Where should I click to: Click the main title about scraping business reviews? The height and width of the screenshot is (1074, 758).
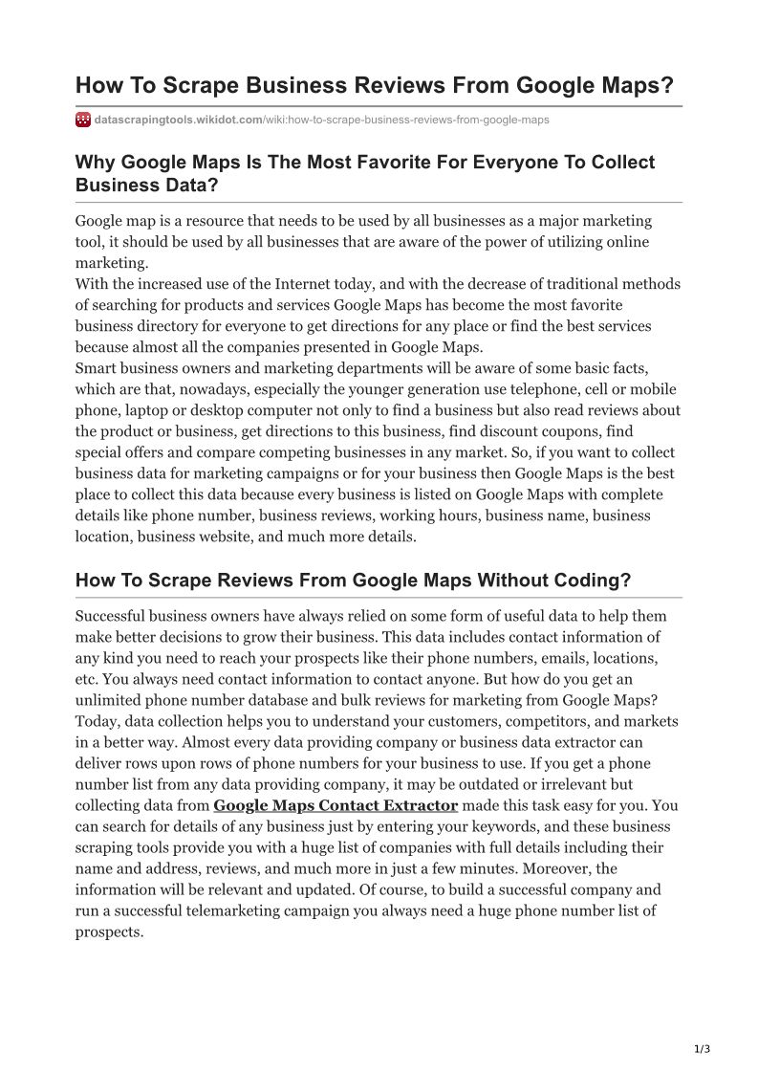point(375,85)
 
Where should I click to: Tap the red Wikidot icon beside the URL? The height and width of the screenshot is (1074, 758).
point(83,120)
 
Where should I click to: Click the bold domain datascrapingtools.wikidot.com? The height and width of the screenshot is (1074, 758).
point(179,120)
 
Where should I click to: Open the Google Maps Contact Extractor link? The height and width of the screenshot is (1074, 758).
point(336,805)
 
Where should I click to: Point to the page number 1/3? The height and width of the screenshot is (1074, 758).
point(703,1049)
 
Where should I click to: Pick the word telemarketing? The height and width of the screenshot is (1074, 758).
point(275,910)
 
